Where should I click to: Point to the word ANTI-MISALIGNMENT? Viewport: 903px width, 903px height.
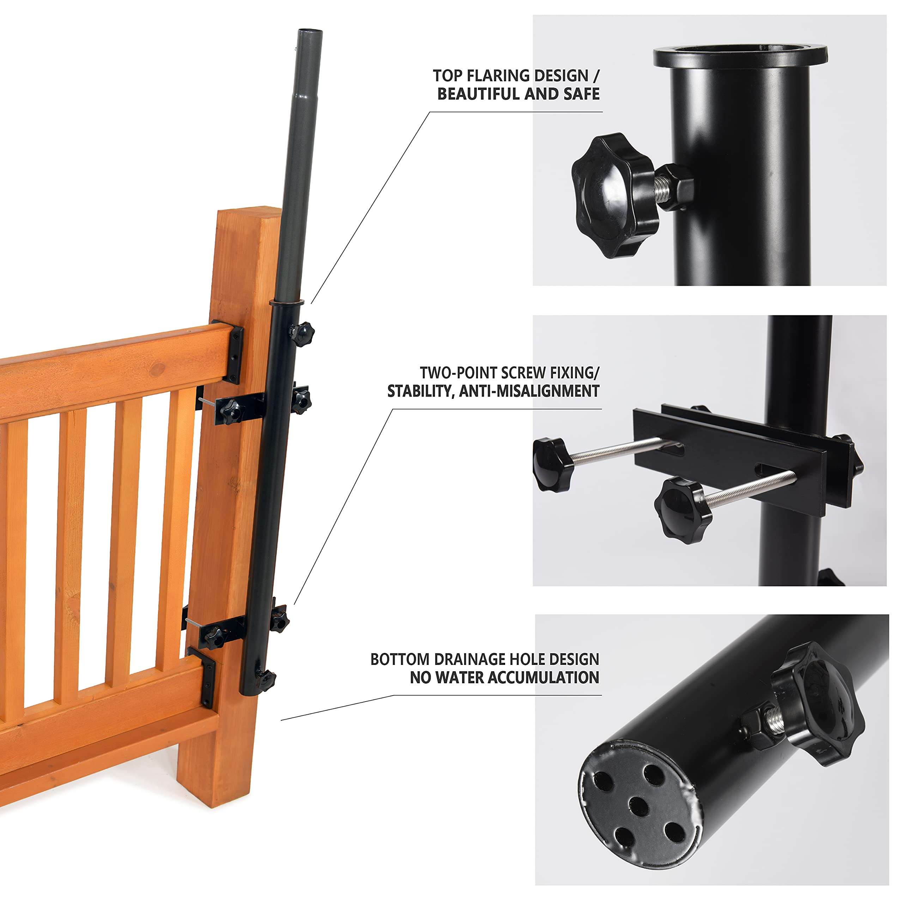click(x=529, y=391)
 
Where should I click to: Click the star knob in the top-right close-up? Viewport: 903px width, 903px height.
click(x=614, y=195)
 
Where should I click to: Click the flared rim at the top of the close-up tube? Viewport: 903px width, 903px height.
click(x=740, y=56)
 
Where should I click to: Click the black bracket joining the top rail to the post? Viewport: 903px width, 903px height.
click(x=229, y=351)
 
